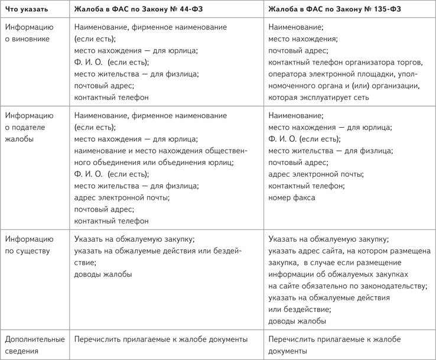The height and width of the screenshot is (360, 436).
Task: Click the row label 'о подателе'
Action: coord(26,127)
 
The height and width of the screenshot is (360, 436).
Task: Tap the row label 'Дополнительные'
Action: coord(34,339)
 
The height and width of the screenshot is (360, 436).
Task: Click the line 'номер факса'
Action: coord(291,197)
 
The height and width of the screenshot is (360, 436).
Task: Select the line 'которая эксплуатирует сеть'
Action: coord(318,97)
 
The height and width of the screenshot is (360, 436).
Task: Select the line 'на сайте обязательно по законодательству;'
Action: coord(347,286)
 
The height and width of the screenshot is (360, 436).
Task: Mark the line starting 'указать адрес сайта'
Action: coord(349,251)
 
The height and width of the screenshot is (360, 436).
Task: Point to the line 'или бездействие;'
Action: coord(299,309)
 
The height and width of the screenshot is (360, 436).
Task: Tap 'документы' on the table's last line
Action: coord(287,351)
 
